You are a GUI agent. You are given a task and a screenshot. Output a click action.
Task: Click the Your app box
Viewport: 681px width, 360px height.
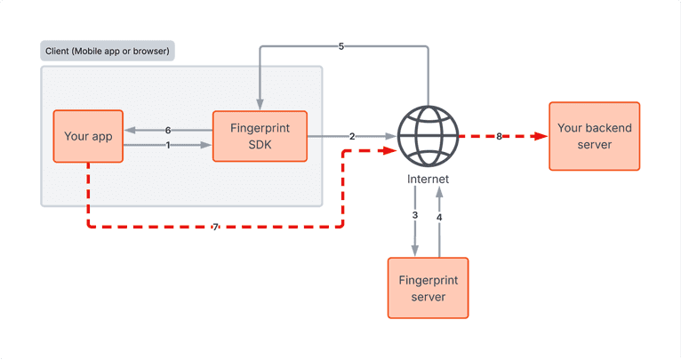click(x=87, y=136)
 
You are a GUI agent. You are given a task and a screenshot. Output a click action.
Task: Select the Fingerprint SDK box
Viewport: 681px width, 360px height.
click(x=259, y=136)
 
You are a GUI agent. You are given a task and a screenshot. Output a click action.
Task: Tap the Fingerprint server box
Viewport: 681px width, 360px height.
click(x=429, y=287)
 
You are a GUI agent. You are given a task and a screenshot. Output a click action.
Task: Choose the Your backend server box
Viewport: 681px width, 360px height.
click(x=595, y=136)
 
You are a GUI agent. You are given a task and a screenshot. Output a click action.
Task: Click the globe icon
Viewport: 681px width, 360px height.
click(x=428, y=136)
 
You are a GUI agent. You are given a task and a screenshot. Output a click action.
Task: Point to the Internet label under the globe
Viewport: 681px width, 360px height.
click(x=428, y=180)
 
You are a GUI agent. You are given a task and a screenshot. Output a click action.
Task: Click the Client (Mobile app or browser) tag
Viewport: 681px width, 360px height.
click(x=108, y=50)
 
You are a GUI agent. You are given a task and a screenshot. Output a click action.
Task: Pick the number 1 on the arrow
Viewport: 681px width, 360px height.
click(x=167, y=145)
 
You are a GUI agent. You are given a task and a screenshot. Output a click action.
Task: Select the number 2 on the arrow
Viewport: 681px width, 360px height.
click(x=352, y=137)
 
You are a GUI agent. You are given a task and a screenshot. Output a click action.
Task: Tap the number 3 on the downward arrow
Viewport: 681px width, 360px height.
click(x=415, y=216)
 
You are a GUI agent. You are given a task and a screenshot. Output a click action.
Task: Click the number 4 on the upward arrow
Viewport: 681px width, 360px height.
click(x=439, y=216)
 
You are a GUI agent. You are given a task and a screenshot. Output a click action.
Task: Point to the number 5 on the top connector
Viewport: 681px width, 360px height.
click(x=341, y=46)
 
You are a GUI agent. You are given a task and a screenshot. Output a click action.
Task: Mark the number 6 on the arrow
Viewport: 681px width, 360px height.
click(x=167, y=130)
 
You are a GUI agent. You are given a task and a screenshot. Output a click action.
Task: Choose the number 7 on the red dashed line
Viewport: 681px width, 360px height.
click(x=215, y=228)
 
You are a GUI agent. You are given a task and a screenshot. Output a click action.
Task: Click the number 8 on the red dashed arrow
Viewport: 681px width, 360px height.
click(x=499, y=136)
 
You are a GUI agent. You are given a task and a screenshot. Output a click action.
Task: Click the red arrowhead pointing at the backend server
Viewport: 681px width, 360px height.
click(x=541, y=136)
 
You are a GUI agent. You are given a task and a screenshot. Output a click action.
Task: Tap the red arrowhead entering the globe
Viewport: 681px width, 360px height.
click(x=389, y=151)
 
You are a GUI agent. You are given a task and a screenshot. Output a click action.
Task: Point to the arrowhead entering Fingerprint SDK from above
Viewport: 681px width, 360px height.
click(x=259, y=104)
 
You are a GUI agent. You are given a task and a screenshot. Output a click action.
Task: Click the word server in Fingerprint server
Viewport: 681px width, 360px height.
click(x=429, y=295)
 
